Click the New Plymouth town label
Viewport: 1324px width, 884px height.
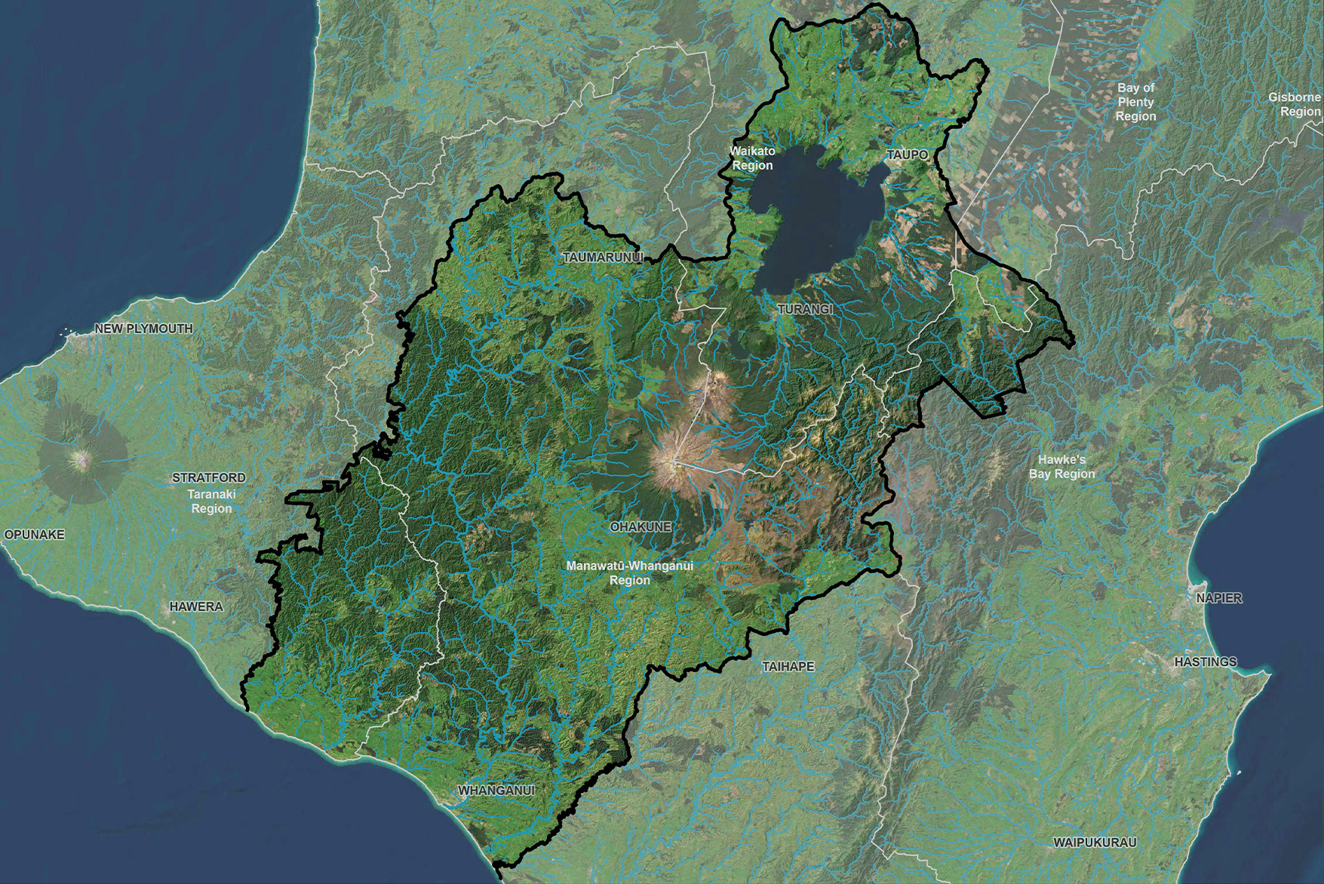[x=143, y=329]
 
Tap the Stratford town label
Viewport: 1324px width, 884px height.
[x=208, y=477]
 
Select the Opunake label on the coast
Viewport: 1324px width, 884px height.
[x=35, y=535]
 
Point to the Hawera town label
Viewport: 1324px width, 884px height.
[x=196, y=606]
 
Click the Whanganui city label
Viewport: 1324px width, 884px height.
[x=496, y=790]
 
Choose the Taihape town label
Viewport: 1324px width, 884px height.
[x=788, y=667]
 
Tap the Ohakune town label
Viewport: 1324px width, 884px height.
[x=640, y=526]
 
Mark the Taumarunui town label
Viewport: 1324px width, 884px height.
[x=603, y=257]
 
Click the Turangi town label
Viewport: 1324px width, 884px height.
[x=805, y=309]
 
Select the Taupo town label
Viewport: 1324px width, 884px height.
[x=908, y=155]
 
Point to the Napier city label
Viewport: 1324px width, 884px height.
[x=1218, y=598]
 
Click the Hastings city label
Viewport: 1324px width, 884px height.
[x=1206, y=661]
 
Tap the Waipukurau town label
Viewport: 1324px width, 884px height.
[x=1095, y=842]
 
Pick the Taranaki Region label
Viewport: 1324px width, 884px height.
[x=212, y=502]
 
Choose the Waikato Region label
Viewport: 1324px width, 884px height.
[x=752, y=158]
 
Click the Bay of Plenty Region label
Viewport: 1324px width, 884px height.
[x=1135, y=102]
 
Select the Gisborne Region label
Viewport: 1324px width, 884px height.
[x=1295, y=104]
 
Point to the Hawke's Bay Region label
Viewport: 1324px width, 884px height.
[x=1061, y=467]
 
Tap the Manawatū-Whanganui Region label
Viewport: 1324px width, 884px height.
[x=630, y=572]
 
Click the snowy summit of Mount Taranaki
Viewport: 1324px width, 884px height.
[x=80, y=457]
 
